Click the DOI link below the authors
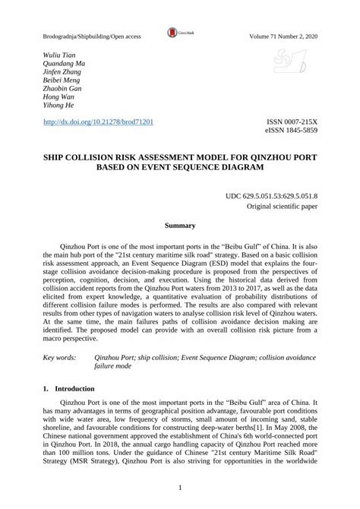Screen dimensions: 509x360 [x=99, y=122]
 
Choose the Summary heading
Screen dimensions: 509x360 [x=180, y=226]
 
